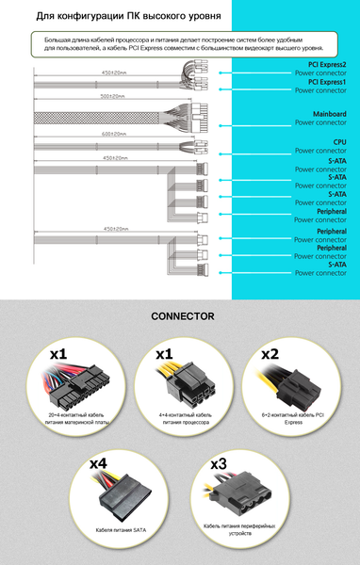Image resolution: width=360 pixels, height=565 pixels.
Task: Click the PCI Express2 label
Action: click(x=320, y=65)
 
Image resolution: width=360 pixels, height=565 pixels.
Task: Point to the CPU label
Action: click(x=339, y=142)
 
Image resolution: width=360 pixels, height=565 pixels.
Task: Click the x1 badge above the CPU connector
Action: click(x=164, y=355)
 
